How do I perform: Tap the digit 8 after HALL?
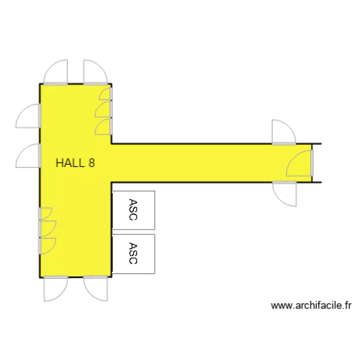(91, 163)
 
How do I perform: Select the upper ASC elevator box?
(133, 210)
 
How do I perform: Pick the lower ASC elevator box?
(133, 253)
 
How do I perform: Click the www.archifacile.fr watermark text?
(312, 305)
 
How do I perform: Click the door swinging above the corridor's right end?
(283, 132)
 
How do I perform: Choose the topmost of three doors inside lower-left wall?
(45, 214)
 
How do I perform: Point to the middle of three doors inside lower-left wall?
(47, 228)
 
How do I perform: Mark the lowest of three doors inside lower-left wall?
(47, 245)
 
